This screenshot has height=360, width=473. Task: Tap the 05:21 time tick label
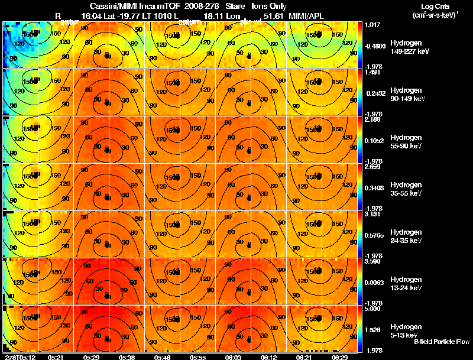56,357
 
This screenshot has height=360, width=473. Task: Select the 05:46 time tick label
162,357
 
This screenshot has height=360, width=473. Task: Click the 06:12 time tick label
268,357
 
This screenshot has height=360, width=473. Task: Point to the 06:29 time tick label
339,357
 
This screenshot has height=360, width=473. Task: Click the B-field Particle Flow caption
441,342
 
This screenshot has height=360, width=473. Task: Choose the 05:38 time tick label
127,357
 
